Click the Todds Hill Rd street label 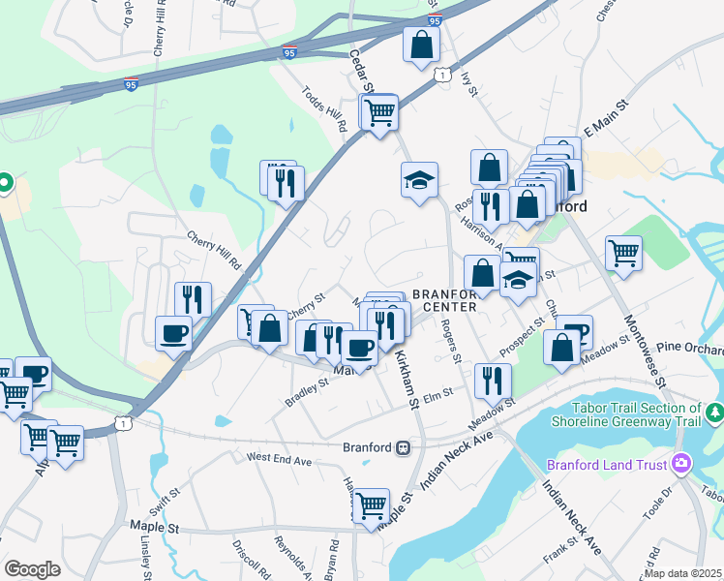click(324, 107)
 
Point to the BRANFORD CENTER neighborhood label click(444, 300)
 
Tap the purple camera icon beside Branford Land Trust click(682, 465)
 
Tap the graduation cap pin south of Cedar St click(419, 180)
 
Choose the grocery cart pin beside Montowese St click(623, 253)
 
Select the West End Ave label click(279, 456)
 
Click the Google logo click(32, 568)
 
